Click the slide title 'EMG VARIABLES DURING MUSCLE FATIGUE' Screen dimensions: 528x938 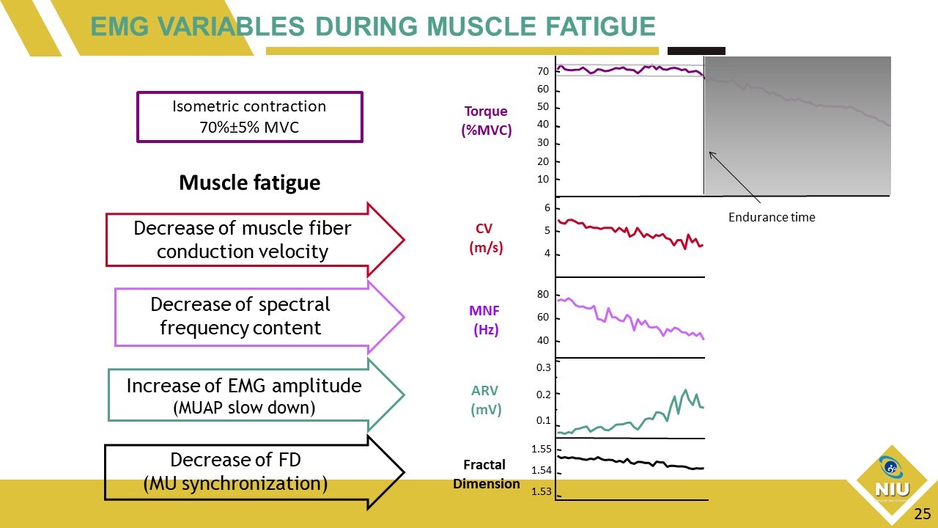[x=372, y=27]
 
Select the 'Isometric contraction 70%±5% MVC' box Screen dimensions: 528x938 [x=249, y=117]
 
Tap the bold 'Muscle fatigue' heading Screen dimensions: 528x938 [x=249, y=183]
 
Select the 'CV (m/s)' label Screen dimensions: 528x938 [x=486, y=238]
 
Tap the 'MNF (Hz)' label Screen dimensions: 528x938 [x=485, y=320]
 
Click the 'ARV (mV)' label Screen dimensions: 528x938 [x=485, y=400]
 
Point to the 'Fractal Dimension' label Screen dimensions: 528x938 [x=485, y=474]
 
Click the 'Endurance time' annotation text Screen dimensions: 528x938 [x=772, y=217]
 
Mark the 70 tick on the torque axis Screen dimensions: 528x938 [x=543, y=72]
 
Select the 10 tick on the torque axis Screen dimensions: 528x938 [x=543, y=180]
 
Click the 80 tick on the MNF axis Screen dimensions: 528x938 [x=543, y=295]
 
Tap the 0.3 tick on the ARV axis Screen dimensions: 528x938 [x=543, y=368]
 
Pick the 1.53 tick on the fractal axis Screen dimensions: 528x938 [x=542, y=491]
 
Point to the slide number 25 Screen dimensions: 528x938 [x=921, y=514]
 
